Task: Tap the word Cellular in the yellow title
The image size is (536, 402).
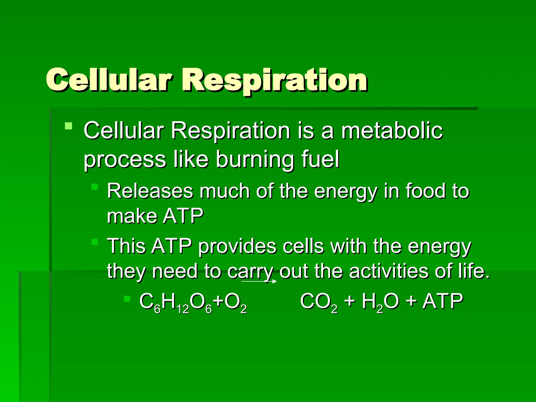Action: click(x=109, y=80)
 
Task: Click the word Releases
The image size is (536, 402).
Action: click(x=150, y=191)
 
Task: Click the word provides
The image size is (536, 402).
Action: click(x=237, y=246)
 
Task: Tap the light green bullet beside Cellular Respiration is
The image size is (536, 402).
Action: click(x=68, y=126)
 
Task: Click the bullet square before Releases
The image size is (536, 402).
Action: click(x=94, y=187)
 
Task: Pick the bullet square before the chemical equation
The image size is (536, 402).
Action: click(x=127, y=299)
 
